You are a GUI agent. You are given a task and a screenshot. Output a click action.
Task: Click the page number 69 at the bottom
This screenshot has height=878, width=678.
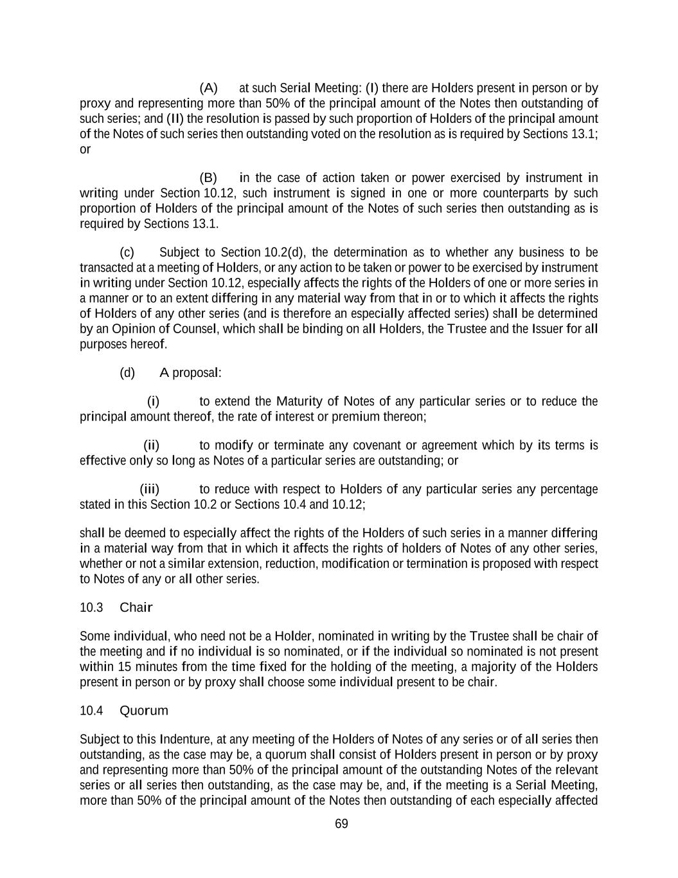point(341,824)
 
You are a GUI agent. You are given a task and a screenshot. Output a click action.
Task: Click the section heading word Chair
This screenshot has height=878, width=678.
point(136,607)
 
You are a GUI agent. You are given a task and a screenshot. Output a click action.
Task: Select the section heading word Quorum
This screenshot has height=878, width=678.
point(144,710)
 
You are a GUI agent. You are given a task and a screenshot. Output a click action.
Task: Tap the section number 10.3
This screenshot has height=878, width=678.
point(91,607)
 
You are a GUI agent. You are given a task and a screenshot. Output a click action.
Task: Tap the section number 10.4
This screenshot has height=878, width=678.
point(91,710)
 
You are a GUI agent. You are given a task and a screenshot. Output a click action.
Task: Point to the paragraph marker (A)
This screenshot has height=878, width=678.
point(209,87)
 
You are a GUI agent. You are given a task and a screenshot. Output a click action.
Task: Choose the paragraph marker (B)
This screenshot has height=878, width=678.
point(208,178)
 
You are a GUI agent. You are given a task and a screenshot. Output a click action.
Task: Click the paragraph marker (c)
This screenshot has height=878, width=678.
point(127,252)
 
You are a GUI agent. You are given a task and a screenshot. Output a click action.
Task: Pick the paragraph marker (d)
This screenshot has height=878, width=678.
point(127,373)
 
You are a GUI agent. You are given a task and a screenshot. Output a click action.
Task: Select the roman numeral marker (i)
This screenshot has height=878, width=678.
point(153,402)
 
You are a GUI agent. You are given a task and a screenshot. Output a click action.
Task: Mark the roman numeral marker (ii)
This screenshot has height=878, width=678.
point(151,445)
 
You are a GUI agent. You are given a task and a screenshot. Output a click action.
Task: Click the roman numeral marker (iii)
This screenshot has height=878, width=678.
point(150,489)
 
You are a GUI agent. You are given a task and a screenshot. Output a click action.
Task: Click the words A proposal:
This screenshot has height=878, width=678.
point(190,373)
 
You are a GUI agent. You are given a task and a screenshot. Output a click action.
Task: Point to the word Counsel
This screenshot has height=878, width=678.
point(192,329)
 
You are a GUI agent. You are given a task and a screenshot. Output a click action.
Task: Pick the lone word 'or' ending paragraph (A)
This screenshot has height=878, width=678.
point(85,149)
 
